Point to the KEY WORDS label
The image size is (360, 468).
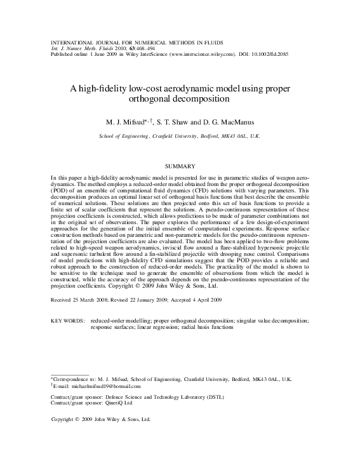pyautogui.click(x=67, y=321)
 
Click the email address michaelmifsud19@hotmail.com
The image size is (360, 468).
pyautogui.click(x=104, y=385)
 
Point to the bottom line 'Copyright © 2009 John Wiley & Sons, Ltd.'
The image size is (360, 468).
pyautogui.click(x=100, y=420)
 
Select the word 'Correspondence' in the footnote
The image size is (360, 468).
pyautogui.click(x=70, y=378)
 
